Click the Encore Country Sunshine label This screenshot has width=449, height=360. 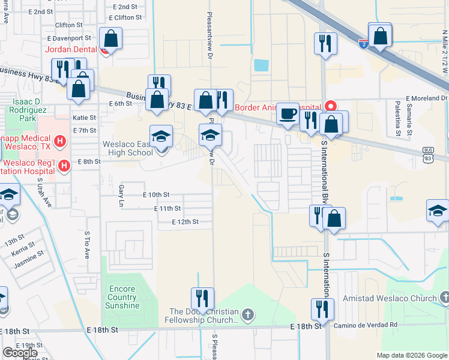coord(123,297)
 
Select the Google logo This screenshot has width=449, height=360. coord(20,353)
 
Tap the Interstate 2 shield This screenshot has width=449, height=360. coord(363,43)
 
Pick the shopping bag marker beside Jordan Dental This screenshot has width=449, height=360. coord(112,39)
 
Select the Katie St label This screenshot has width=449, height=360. coord(84,118)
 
